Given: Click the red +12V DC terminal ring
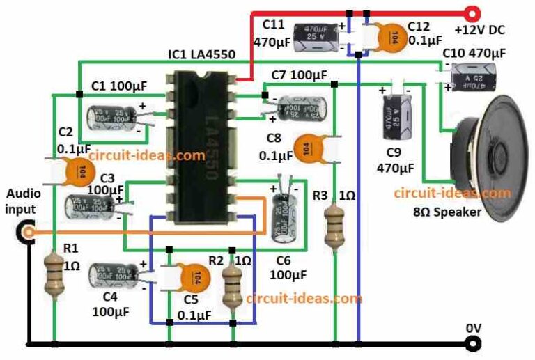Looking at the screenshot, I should [x=472, y=12].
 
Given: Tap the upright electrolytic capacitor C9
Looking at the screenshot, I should [x=395, y=119].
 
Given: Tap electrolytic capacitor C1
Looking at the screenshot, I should [x=115, y=117].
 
